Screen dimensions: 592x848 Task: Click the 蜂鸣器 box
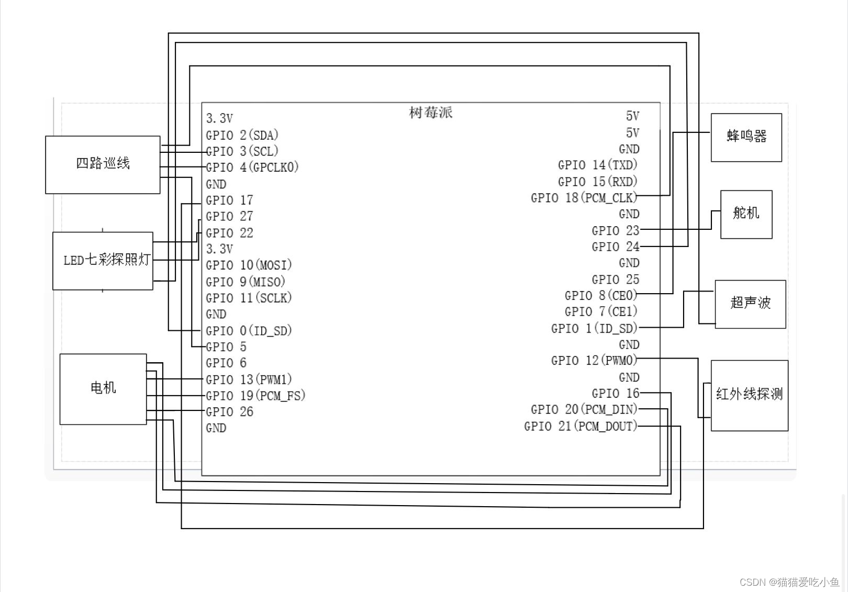point(746,137)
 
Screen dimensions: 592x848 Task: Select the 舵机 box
point(746,214)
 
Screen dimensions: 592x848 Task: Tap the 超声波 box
point(750,304)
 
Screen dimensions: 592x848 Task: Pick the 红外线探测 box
point(749,395)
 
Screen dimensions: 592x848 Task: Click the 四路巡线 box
point(103,164)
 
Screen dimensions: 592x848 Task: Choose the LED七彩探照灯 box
point(103,261)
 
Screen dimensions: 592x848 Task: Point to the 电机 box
point(103,388)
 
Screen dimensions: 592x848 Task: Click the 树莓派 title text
point(430,113)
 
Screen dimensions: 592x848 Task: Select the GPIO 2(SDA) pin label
point(242,135)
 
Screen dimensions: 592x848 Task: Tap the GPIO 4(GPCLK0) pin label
point(252,167)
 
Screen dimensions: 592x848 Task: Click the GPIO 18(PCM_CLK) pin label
point(584,198)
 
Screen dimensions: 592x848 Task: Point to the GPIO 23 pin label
point(615,231)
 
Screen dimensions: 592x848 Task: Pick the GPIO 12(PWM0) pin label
point(594,361)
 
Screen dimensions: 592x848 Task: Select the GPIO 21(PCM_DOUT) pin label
point(581,426)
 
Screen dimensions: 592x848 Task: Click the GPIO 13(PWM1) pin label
point(249,379)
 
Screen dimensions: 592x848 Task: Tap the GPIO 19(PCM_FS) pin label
point(255,396)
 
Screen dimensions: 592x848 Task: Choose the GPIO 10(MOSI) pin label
point(249,265)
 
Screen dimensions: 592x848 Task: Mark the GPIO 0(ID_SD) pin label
point(249,331)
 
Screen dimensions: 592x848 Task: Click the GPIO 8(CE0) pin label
point(600,296)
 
